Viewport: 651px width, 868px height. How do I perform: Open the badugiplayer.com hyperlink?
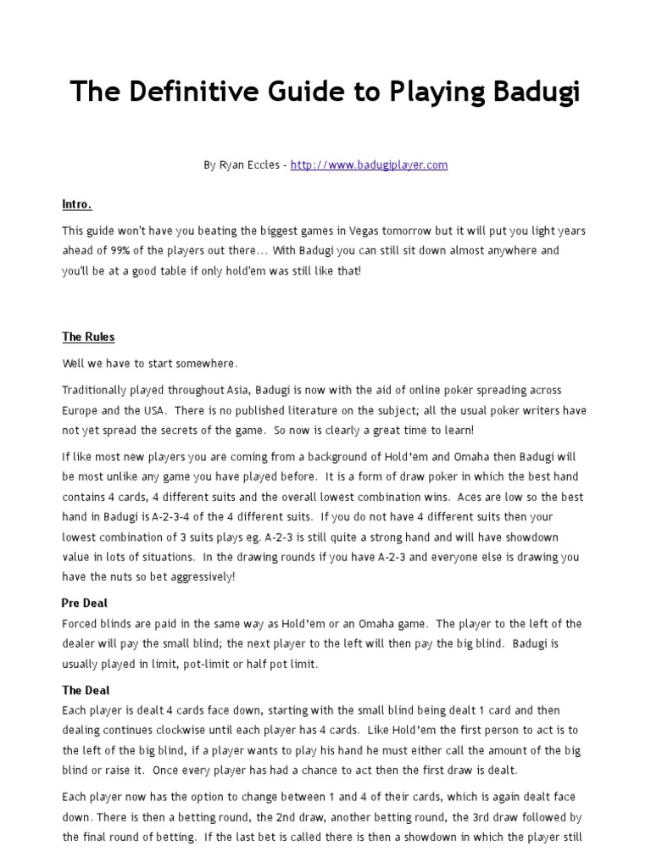pos(369,165)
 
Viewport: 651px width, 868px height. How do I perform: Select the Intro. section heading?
pos(77,205)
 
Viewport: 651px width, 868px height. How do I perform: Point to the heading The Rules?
pos(88,337)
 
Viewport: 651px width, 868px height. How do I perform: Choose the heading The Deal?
pos(86,691)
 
